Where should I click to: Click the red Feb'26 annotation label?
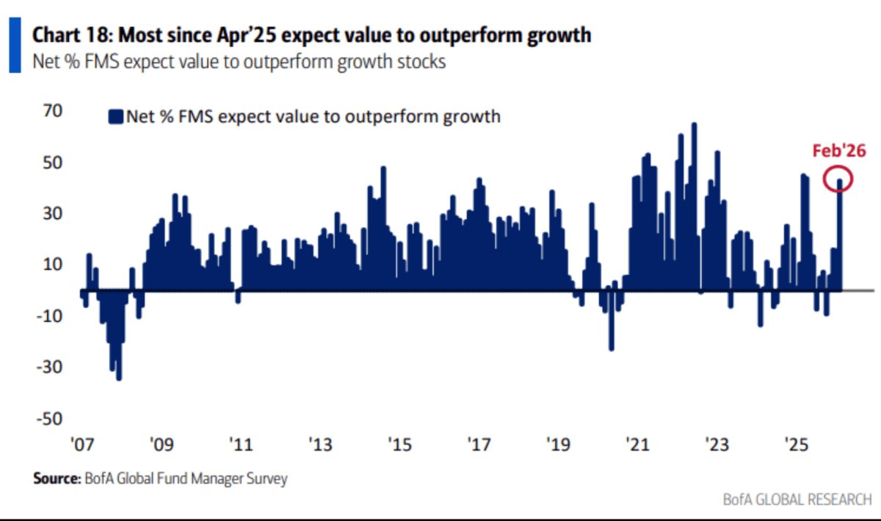839,151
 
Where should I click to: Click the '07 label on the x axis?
81,445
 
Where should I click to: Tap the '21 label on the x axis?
636,445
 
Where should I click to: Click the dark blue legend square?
115,116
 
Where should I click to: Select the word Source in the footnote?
55,478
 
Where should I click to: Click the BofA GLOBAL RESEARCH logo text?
796,499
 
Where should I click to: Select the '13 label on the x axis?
320,445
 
